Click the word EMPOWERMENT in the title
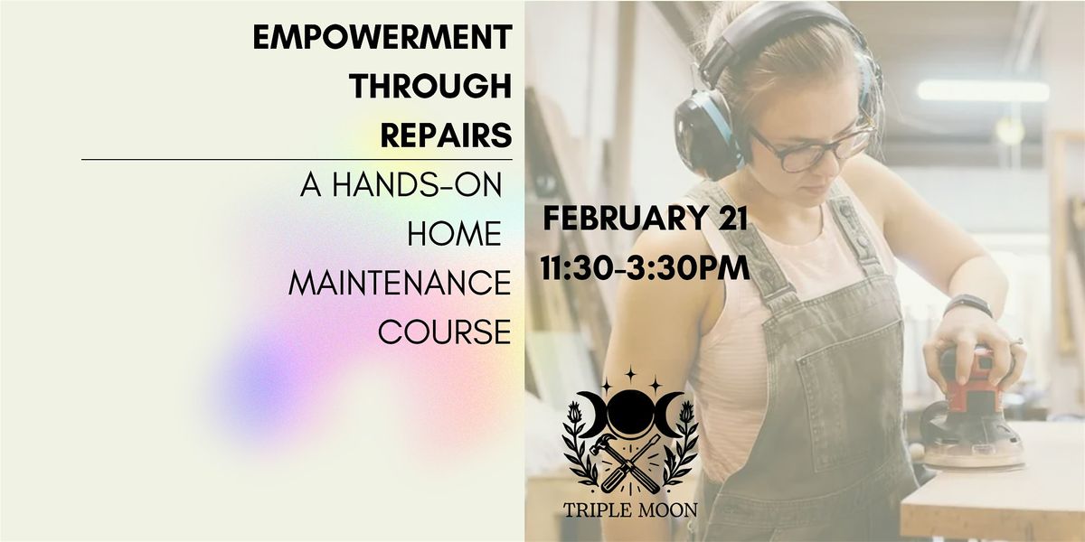(382, 37)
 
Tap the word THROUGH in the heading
(430, 86)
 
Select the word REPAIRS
(446, 135)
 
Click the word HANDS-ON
(417, 184)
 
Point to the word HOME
(454, 234)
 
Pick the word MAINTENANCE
(400, 283)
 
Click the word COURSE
(444, 332)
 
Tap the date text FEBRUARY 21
(646, 218)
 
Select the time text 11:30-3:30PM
(646, 267)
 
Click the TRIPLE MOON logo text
(630, 509)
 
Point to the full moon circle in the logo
(630, 415)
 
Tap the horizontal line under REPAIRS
(297, 159)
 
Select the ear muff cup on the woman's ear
(704, 133)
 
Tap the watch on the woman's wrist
(968, 304)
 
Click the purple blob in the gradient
(264, 382)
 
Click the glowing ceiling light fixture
(984, 91)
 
